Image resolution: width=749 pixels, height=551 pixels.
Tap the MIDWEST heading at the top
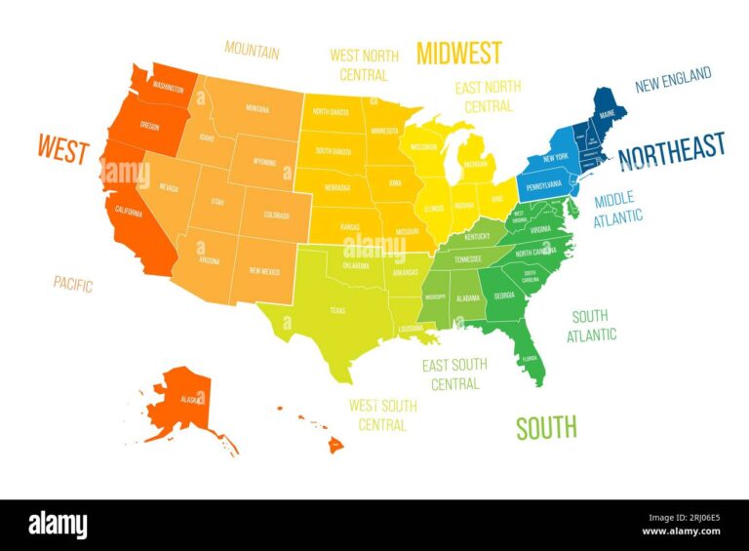click(x=459, y=53)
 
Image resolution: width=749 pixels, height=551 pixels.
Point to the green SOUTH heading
click(x=546, y=426)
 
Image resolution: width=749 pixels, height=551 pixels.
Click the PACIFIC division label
click(x=73, y=285)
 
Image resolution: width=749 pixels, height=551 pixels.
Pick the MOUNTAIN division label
click(x=252, y=49)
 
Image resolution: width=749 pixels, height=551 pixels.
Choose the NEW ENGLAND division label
click(x=673, y=80)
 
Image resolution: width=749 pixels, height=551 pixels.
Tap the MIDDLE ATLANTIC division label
click(x=618, y=209)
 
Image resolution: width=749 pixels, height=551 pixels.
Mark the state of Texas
click(x=336, y=310)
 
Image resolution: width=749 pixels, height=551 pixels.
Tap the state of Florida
click(x=530, y=357)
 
